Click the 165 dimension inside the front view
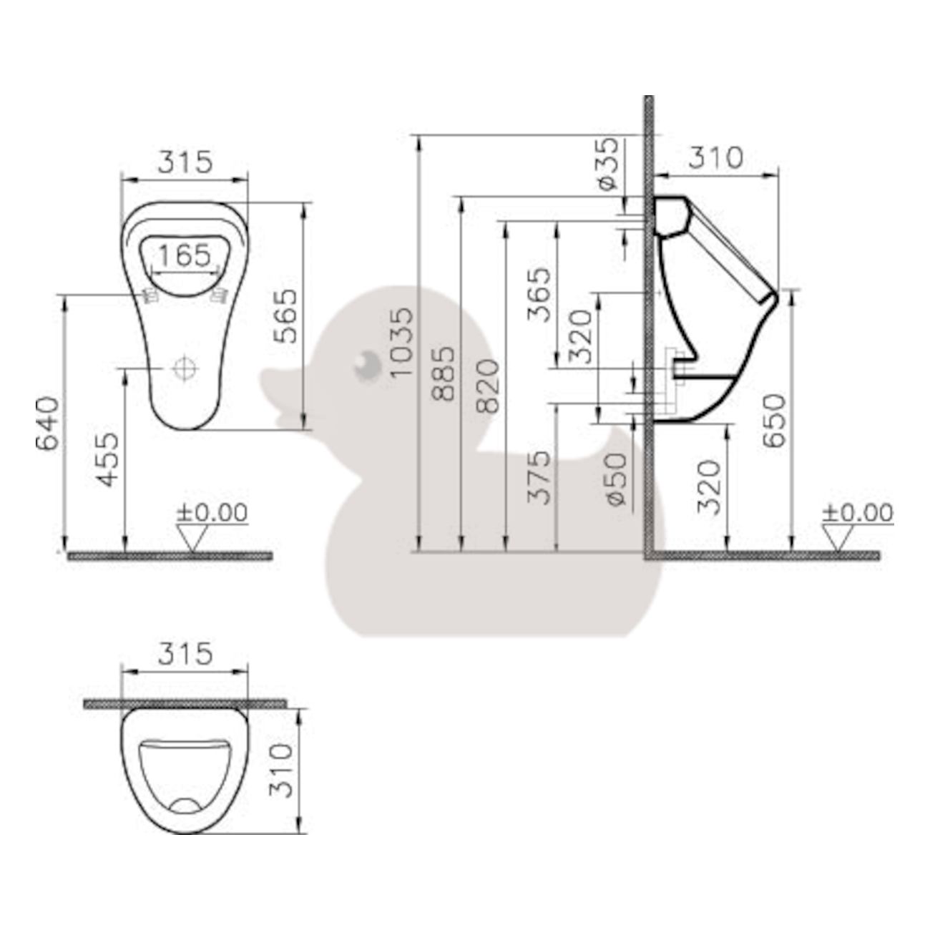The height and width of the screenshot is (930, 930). (x=185, y=255)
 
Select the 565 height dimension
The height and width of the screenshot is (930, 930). (x=286, y=315)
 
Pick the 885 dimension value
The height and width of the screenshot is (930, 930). (x=444, y=373)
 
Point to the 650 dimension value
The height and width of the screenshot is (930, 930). (x=775, y=421)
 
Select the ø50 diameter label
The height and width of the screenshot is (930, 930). (x=616, y=480)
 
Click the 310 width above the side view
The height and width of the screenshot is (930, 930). (x=715, y=158)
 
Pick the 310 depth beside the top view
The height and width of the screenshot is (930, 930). (x=281, y=770)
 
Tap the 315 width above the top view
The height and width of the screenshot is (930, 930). (x=185, y=654)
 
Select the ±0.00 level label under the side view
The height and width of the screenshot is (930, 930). (x=857, y=513)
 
